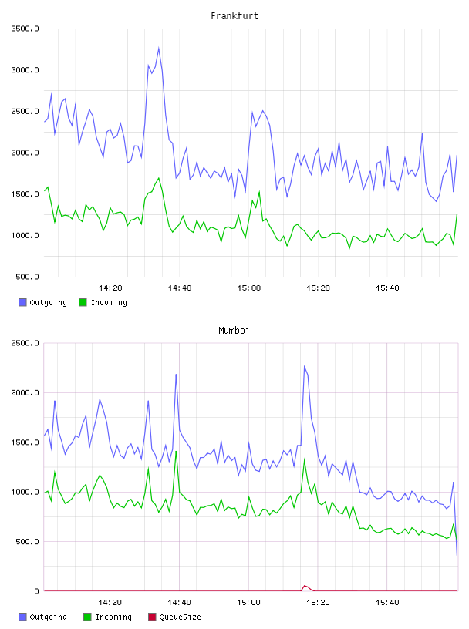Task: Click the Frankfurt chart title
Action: (235, 16)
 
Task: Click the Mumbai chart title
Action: (234, 331)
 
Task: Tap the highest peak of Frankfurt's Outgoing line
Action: (159, 48)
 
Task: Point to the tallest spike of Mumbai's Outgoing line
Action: (305, 366)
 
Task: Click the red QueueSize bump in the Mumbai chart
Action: (305, 587)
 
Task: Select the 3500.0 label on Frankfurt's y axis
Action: (25, 29)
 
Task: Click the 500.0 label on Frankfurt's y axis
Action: (27, 277)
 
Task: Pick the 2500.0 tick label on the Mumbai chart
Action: (25, 343)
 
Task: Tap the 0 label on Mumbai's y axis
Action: (36, 591)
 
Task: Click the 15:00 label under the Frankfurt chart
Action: (249, 288)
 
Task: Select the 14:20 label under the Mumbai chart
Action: (110, 603)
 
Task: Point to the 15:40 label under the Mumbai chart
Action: (387, 603)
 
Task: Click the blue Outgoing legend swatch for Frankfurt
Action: (22, 302)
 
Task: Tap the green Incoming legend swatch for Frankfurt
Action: (83, 302)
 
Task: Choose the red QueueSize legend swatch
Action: (152, 617)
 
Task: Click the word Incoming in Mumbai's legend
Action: (113, 617)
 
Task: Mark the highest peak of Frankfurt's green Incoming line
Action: (159, 178)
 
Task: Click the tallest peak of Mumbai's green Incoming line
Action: (176, 452)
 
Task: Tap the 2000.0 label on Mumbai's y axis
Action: (25, 392)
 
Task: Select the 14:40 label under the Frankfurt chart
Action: (180, 288)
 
